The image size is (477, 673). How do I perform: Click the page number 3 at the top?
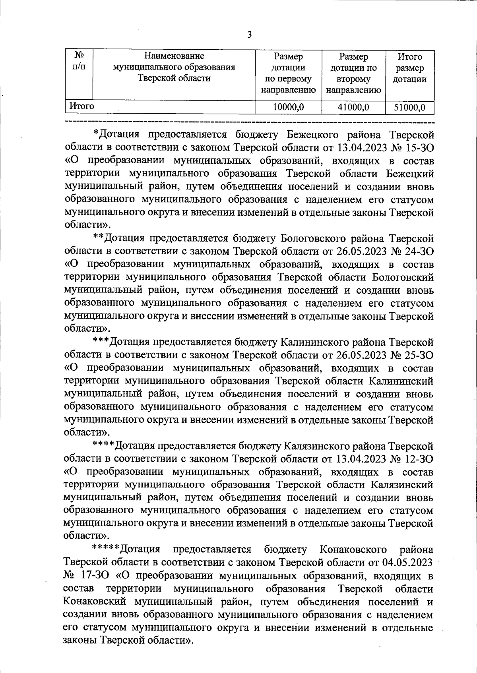click(x=250, y=35)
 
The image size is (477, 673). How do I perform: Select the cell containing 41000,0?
click(x=353, y=107)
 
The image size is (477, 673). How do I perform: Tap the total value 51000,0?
click(x=409, y=107)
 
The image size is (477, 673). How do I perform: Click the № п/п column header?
click(x=79, y=62)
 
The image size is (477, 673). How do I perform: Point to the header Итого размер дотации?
click(x=409, y=68)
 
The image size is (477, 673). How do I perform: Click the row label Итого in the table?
click(x=82, y=106)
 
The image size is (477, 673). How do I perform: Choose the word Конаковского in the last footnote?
click(x=353, y=549)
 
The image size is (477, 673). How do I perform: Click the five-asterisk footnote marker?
click(x=105, y=549)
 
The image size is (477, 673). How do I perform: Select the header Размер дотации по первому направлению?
click(x=288, y=73)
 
